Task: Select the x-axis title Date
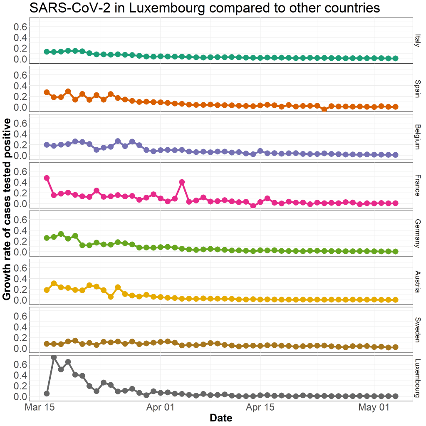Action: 221,417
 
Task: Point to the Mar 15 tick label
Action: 40,407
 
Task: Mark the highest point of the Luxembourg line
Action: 54,357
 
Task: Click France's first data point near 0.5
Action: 47,178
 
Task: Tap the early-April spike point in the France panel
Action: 182,182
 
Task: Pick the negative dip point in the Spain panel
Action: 324,109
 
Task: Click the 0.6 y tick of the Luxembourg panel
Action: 21,364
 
